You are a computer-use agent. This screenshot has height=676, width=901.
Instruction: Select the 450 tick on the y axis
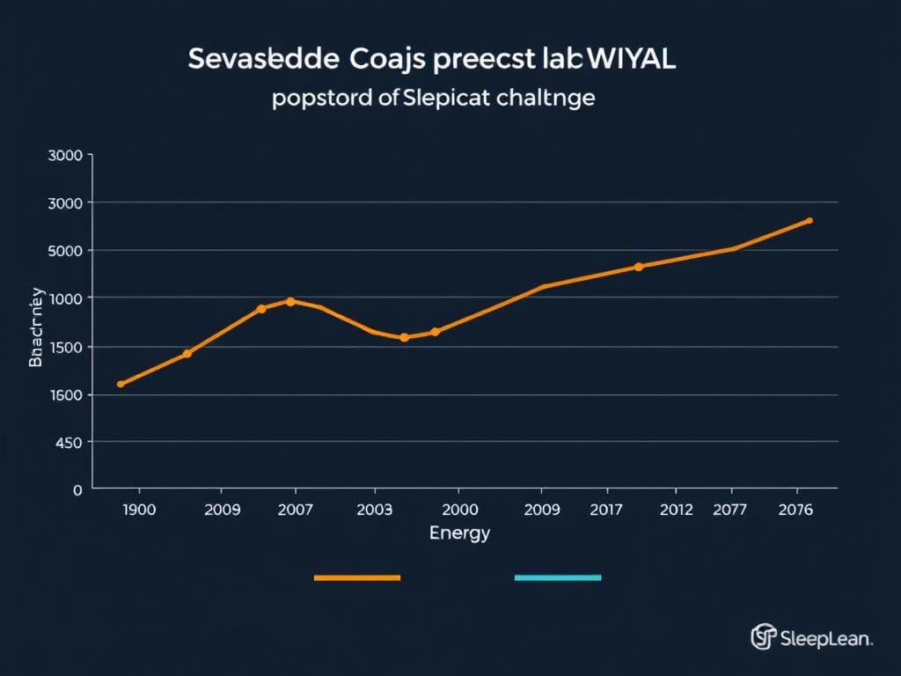coord(70,442)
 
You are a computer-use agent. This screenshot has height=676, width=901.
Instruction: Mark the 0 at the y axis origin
coord(77,489)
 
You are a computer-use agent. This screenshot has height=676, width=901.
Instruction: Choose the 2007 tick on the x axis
coord(294,510)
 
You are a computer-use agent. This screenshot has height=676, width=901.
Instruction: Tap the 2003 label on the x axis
coord(375,510)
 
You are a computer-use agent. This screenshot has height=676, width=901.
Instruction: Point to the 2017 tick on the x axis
coord(605,510)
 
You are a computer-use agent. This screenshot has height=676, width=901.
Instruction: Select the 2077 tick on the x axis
coord(729,510)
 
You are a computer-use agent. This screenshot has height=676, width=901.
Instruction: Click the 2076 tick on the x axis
coord(795,510)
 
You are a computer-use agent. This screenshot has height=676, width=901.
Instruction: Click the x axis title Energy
coord(459,533)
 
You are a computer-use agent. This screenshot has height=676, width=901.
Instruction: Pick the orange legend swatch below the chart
coord(357,578)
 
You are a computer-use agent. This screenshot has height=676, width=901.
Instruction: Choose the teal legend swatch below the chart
coord(557,578)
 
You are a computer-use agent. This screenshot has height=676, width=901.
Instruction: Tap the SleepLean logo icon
coord(763,636)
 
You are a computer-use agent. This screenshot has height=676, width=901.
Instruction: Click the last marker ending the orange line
coord(809,221)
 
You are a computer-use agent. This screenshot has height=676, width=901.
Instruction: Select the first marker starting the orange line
coord(121,384)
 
